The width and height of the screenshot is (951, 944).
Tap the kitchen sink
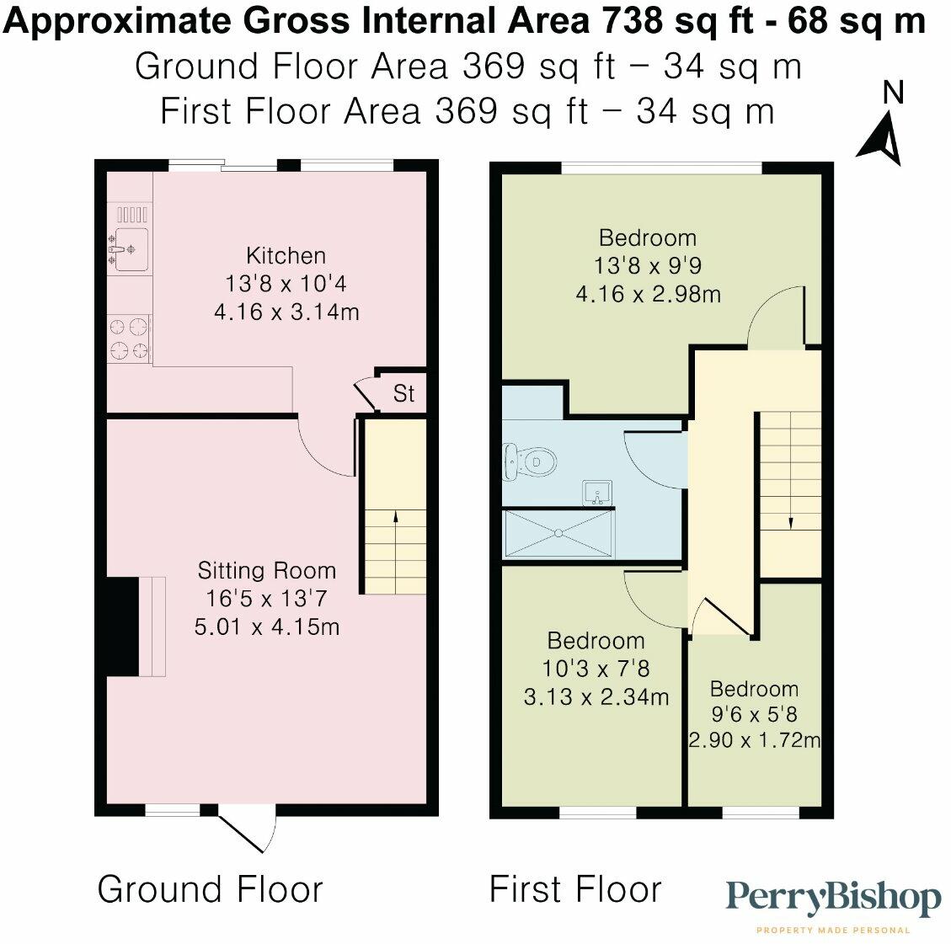tap(131, 249)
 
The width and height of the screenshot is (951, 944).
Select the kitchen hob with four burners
tap(129, 338)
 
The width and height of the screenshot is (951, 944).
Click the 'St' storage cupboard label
tap(404, 394)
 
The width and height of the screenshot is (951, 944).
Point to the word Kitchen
tap(286, 255)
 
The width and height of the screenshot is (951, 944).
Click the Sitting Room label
tap(266, 571)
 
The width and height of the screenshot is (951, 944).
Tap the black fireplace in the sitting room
tap(122, 627)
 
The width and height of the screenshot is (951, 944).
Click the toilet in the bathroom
tap(531, 462)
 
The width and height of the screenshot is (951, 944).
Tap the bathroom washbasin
tap(598, 493)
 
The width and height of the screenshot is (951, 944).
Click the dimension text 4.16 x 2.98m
tap(648, 294)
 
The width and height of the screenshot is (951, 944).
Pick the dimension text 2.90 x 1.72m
tap(755, 740)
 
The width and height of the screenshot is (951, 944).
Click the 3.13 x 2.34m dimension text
tap(596, 697)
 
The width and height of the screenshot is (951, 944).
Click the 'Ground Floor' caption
tap(211, 889)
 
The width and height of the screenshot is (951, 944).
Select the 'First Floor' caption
tap(575, 889)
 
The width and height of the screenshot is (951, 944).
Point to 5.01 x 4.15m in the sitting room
tap(267, 627)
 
